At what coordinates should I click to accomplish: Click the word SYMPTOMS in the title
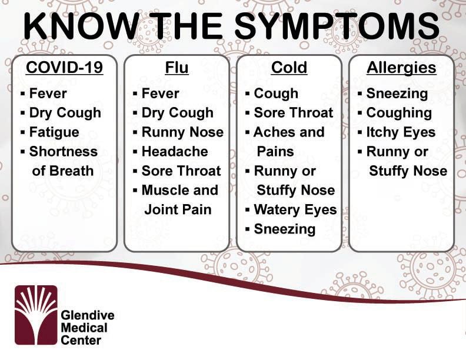337,26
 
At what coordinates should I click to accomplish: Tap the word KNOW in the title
81,26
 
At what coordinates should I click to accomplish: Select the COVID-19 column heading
65,68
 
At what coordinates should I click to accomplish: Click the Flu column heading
177,68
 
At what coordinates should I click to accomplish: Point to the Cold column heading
289,68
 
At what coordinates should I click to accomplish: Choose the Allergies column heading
401,68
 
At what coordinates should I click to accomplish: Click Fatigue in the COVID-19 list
54,132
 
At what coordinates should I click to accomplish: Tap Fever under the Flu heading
161,94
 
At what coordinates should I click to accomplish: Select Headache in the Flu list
175,152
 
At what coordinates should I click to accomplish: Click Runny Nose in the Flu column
182,132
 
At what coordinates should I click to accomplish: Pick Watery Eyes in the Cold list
295,210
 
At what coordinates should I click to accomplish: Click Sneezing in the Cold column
285,229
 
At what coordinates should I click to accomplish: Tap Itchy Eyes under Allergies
401,133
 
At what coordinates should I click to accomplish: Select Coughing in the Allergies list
399,113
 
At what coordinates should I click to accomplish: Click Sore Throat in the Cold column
294,113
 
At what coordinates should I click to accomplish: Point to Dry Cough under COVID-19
65,113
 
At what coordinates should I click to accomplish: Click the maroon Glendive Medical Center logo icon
36,315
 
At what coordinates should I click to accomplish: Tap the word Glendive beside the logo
88,315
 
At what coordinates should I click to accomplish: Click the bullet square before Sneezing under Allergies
360,94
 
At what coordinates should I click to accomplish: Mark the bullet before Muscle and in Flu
135,191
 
